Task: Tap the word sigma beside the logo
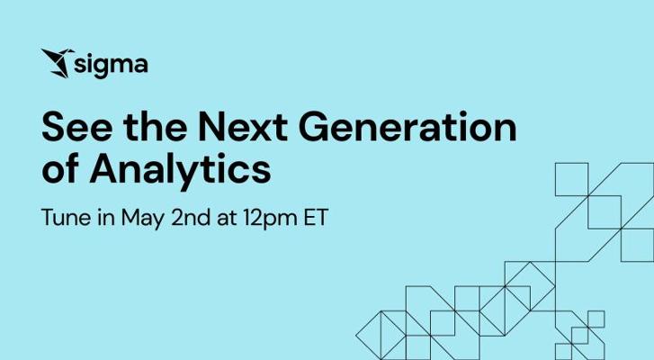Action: coord(111,66)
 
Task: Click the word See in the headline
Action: coord(77,126)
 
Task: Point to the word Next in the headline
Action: coord(243,126)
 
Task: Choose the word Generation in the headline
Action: coord(408,126)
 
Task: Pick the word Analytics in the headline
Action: coord(180,171)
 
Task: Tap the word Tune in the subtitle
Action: coord(66,217)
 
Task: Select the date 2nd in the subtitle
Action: coord(191,217)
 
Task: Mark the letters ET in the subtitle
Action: coord(316,217)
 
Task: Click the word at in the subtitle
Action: coord(227,218)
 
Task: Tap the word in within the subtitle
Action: coord(106,217)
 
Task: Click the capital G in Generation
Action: coord(313,126)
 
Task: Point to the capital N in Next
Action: coord(211,126)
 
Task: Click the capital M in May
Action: coord(130,217)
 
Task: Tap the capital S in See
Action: coord(53,126)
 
